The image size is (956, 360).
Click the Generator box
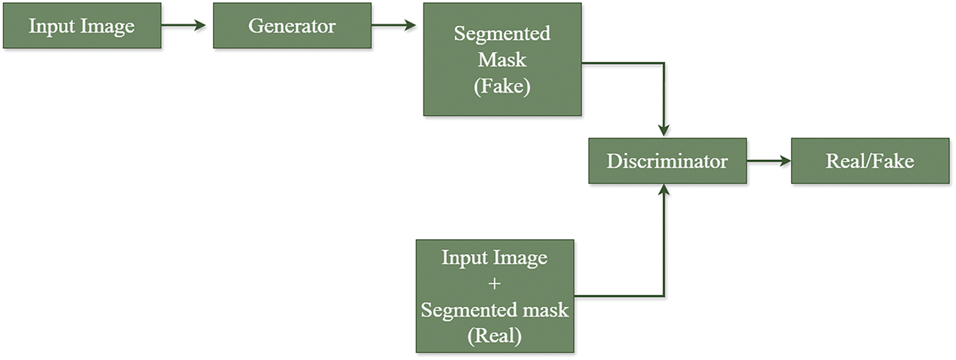[x=291, y=26]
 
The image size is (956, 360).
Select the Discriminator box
[x=667, y=161]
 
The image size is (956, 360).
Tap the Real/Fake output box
[x=869, y=161]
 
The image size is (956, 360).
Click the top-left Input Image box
[x=81, y=27]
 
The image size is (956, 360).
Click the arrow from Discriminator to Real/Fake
[x=768, y=161]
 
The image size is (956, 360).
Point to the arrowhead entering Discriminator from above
[x=663, y=130]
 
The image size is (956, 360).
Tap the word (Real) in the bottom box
[x=495, y=336]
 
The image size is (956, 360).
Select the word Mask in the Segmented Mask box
[x=502, y=60]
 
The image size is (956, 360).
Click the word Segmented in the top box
[x=502, y=34]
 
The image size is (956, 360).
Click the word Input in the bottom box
[x=464, y=258]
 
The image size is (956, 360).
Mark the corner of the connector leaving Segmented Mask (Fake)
[x=663, y=63]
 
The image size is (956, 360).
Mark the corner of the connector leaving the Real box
[x=663, y=296]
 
